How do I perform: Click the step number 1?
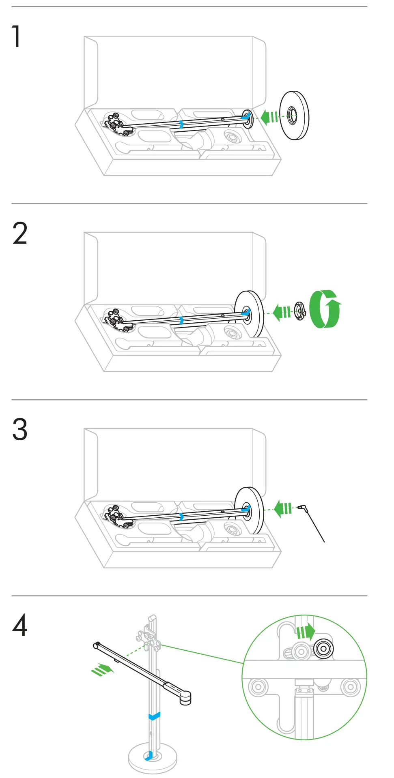coord(16,36)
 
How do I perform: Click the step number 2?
coord(20,234)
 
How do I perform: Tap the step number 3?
coord(20,430)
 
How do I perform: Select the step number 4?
coord(20,626)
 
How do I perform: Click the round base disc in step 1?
coord(295,116)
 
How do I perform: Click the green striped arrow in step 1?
coord(269,117)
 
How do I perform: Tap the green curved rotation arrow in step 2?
coord(325,309)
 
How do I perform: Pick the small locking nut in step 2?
coord(299,311)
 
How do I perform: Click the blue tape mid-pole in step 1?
coord(181,124)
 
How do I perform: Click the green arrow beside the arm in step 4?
coord(102,669)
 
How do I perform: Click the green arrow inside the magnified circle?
coord(306,632)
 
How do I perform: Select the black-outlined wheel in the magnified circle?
coord(323,649)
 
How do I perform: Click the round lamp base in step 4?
coord(153,758)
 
